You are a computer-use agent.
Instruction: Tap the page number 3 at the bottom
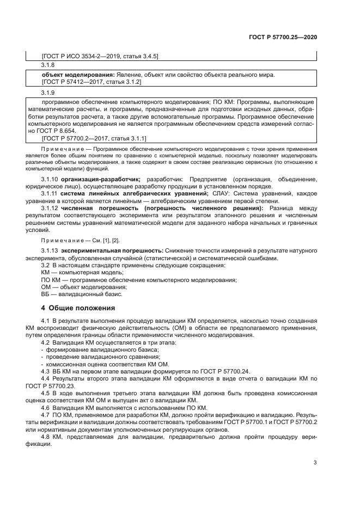tap(315, 463)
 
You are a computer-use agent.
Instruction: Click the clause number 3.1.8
tap(48, 65)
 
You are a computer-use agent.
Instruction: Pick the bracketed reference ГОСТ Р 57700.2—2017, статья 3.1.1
tap(94, 138)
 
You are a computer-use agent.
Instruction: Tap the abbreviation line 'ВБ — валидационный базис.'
tap(82, 294)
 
